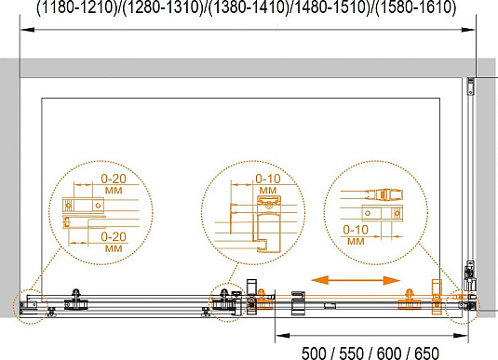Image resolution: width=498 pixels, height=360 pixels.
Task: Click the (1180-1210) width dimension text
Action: (x=77, y=7)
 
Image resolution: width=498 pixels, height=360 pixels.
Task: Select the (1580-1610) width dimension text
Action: (x=416, y=7)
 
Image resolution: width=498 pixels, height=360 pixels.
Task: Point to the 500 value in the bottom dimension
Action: (x=314, y=353)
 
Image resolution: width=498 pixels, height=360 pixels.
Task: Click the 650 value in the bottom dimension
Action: (x=426, y=353)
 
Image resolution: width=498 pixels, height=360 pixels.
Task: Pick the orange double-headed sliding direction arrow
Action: (x=356, y=280)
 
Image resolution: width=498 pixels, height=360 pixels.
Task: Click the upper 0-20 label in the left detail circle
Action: (x=114, y=179)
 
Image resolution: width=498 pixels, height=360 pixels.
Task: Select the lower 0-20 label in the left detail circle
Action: (x=114, y=236)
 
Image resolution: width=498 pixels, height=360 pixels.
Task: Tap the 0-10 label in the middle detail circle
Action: (x=268, y=179)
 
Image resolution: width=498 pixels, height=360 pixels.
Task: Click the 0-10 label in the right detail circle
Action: (x=356, y=230)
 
